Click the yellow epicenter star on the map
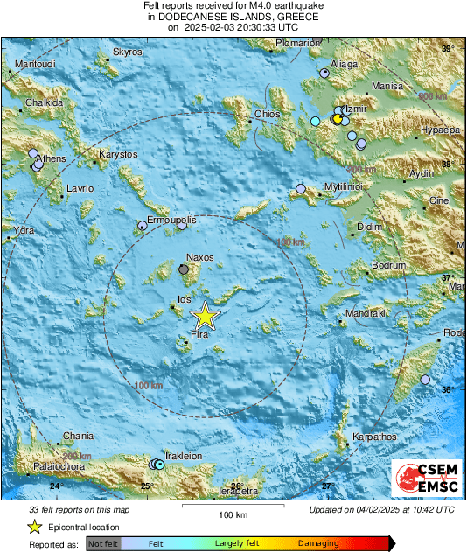click(x=204, y=316)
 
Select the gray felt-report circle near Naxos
click(x=183, y=270)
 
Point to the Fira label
click(x=199, y=335)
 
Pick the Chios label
click(x=266, y=114)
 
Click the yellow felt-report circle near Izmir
click(x=337, y=119)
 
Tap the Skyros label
click(x=128, y=52)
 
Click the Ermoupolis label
click(x=171, y=220)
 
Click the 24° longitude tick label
click(x=56, y=486)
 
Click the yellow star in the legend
click(x=35, y=527)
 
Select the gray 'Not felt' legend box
click(x=103, y=543)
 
